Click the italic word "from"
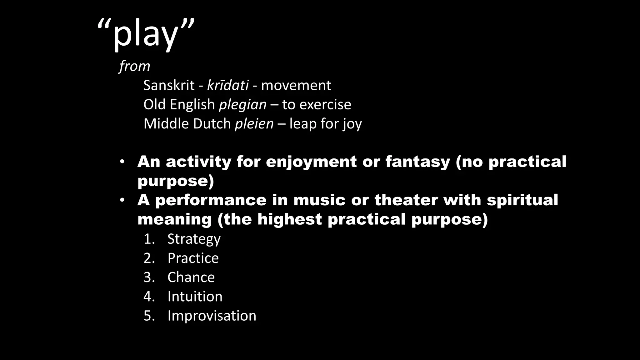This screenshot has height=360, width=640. [x=135, y=66]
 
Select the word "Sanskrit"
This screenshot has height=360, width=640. [x=169, y=85]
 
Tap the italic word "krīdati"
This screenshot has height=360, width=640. [x=228, y=85]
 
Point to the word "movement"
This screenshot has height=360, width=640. [x=296, y=85]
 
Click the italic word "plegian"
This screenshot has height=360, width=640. [x=243, y=105]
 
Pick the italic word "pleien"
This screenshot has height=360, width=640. [x=254, y=124]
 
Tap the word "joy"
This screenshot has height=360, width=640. [x=352, y=124]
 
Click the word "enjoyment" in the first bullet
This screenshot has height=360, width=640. [x=311, y=162]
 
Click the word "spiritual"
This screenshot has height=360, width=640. [x=522, y=200]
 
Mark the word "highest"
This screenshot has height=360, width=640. [x=289, y=219]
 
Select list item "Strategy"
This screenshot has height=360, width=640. [x=194, y=239]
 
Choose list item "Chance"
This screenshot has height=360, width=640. [x=191, y=277]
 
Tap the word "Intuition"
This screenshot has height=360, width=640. [x=195, y=297]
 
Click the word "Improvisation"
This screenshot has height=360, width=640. [x=212, y=316]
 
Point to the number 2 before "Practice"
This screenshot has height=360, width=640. [x=147, y=258]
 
